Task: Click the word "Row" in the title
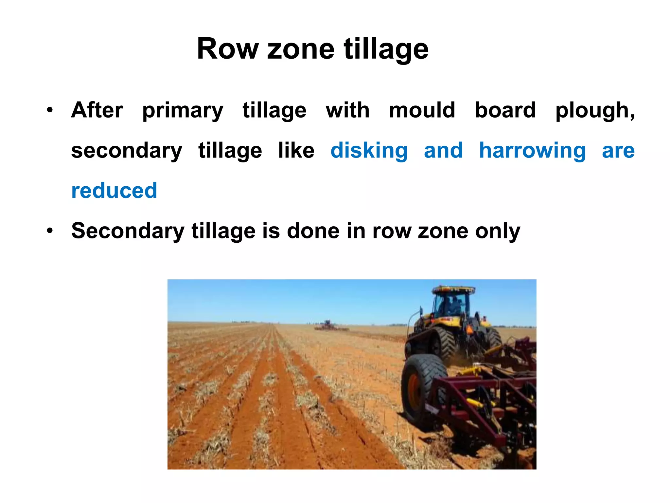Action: click(x=227, y=49)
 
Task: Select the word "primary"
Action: click(x=183, y=111)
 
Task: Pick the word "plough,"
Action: click(x=595, y=111)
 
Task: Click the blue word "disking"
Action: click(x=369, y=151)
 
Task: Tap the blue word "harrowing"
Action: click(x=532, y=151)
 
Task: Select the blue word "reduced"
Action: click(x=114, y=191)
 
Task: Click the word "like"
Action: click(x=296, y=150)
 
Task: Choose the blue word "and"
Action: click(x=443, y=150)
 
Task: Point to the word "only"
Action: click(x=498, y=231)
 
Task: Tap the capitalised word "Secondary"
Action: click(x=128, y=231)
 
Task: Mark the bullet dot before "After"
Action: click(x=50, y=110)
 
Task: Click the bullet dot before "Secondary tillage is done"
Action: click(x=50, y=231)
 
